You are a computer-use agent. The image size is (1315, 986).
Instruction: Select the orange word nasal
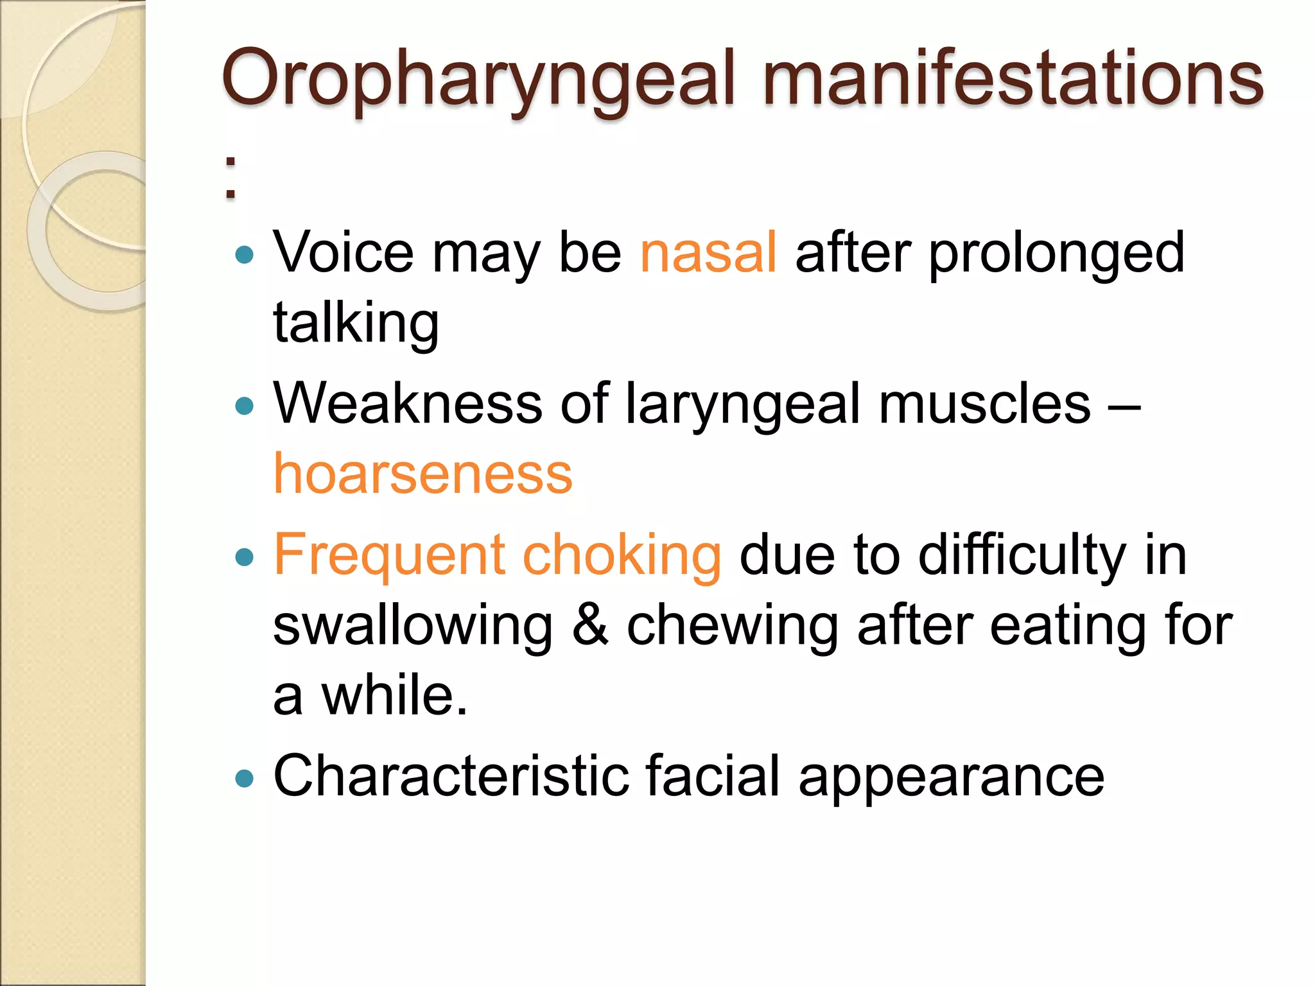click(708, 253)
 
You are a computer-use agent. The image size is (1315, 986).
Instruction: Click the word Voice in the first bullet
click(344, 253)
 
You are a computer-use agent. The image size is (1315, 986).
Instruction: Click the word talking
click(356, 324)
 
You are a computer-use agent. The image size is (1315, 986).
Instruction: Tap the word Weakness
click(408, 404)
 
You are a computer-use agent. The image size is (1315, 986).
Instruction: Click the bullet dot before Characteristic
click(245, 779)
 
